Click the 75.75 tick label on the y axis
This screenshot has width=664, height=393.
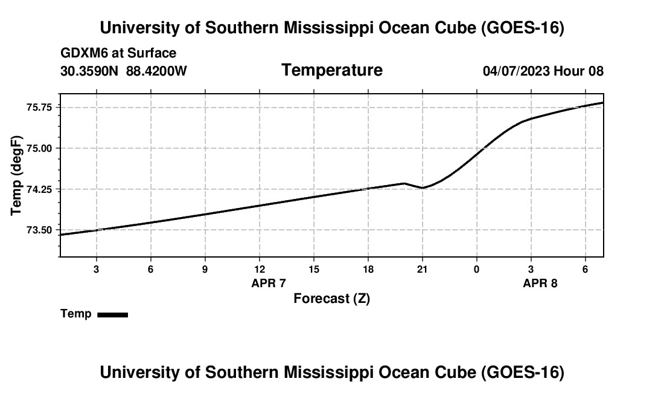[40, 107]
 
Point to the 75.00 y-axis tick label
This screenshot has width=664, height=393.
[40, 148]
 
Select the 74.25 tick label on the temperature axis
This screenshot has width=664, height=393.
[40, 189]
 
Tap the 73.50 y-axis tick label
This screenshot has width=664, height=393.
[40, 230]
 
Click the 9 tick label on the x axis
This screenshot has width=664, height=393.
[205, 270]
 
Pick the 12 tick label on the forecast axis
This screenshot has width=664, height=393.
[259, 270]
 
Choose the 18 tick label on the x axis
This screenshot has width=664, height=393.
[368, 270]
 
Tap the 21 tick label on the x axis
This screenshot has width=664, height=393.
[423, 270]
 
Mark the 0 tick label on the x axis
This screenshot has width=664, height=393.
[477, 270]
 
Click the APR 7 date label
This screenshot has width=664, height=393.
[269, 283]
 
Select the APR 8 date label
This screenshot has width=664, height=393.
[540, 283]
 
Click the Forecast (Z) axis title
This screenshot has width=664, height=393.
[331, 298]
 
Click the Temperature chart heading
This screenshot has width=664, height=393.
[332, 70]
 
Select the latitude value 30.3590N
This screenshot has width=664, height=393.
[90, 71]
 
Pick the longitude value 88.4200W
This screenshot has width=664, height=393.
[156, 71]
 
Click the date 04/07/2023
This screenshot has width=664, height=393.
[516, 71]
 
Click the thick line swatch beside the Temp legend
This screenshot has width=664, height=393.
[112, 314]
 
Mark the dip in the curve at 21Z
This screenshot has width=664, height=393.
[423, 187]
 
